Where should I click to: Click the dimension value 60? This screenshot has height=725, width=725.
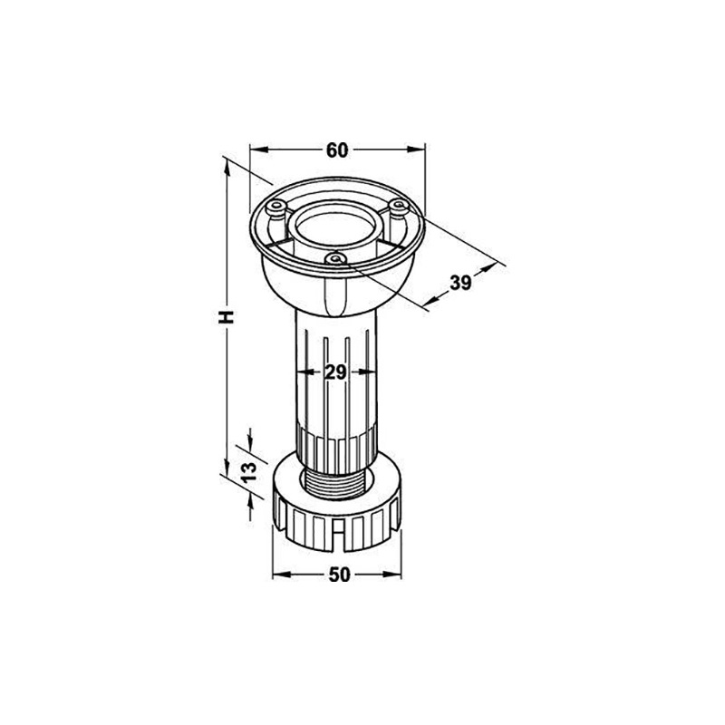[337, 150]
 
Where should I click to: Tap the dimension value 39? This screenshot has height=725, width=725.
[460, 283]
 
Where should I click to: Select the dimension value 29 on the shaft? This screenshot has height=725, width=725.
[335, 372]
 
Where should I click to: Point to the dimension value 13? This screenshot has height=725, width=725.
[249, 471]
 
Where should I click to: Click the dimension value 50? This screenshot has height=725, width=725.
[339, 575]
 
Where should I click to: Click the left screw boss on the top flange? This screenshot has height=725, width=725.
[278, 208]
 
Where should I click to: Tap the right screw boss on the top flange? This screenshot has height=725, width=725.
[398, 205]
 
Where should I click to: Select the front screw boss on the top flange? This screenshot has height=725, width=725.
[336, 259]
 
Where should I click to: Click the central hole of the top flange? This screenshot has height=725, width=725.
[336, 229]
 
